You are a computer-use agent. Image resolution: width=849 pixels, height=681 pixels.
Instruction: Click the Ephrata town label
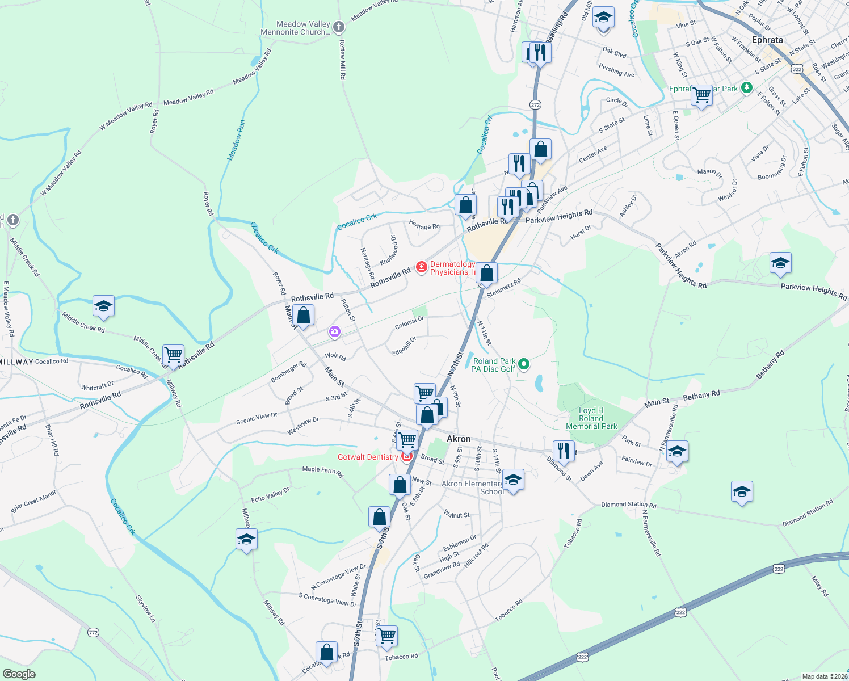point(767,40)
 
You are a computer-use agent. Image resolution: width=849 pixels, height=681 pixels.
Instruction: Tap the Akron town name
point(459,439)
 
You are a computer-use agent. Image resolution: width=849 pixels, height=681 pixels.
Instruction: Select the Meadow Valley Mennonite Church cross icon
point(339,27)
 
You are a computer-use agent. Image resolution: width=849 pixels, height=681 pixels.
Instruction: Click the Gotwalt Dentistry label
point(368,457)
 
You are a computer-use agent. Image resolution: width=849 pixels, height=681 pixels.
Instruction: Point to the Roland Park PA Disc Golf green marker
point(524,364)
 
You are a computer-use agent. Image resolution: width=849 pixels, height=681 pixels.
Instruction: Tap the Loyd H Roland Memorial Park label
point(591,418)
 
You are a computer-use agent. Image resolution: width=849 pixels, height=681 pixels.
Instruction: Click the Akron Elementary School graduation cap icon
point(513,480)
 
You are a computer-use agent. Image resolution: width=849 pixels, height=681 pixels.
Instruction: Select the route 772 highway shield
point(94,632)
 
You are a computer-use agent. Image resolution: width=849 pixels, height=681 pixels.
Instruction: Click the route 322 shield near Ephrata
point(797,69)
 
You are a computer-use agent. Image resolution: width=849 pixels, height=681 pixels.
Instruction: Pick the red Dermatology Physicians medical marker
point(421,267)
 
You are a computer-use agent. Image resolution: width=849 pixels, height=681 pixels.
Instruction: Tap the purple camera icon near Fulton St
point(335,331)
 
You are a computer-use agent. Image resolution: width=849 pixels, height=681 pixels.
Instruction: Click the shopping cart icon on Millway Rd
point(173,355)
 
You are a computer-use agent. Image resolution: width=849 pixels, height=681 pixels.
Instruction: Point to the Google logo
point(19,674)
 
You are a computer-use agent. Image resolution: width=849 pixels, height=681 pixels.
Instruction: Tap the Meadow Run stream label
point(237,140)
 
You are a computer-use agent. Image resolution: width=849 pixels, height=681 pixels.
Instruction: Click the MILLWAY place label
point(17,362)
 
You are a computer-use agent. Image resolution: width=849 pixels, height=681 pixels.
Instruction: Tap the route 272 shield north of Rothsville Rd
point(535,104)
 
